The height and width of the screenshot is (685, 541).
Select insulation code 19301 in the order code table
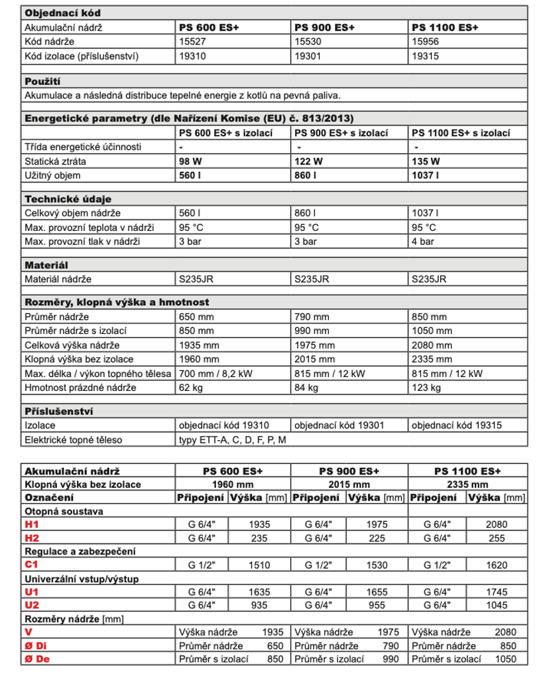click(x=307, y=56)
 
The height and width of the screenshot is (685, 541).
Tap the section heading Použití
click(x=42, y=81)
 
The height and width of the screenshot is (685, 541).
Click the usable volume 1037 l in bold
click(x=426, y=175)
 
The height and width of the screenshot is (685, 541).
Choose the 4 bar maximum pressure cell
click(x=423, y=242)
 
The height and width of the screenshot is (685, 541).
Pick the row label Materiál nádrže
click(x=58, y=279)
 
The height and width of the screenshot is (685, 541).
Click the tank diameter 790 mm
click(x=312, y=317)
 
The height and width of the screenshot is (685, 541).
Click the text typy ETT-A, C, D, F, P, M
click(x=233, y=439)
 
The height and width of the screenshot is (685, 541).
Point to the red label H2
click(x=32, y=538)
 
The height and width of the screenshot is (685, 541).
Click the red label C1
click(x=32, y=566)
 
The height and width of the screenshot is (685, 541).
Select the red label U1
click(x=32, y=591)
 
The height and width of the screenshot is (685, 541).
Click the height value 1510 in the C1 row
click(x=259, y=566)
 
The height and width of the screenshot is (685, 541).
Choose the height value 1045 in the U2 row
click(x=496, y=605)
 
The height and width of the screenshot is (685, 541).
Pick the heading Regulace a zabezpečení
click(x=80, y=552)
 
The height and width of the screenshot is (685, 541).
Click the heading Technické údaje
click(x=68, y=199)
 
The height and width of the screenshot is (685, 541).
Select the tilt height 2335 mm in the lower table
click(x=468, y=485)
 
